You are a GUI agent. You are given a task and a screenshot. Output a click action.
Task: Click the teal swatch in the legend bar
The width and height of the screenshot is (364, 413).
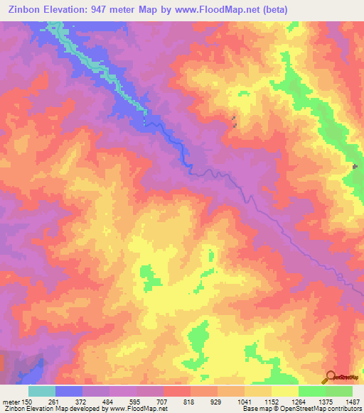tap(42, 391)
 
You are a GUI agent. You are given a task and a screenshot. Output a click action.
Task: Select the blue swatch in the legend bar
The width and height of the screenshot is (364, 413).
tap(69, 391)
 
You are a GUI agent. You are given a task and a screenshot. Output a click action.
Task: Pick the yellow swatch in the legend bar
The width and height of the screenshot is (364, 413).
tap(285, 391)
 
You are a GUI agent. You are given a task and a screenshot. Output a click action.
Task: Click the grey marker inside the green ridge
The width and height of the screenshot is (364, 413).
tap(355, 166)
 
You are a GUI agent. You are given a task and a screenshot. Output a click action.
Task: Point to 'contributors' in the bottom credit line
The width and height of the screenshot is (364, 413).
tap(344, 409)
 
